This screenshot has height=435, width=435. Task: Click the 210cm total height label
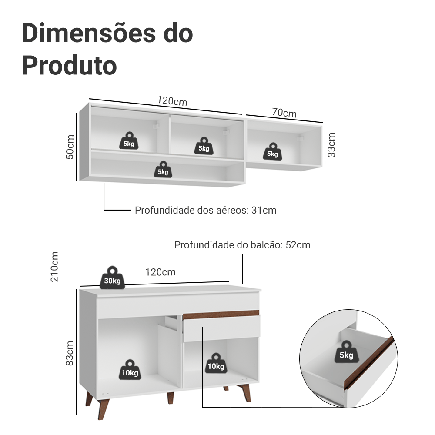click(54, 266)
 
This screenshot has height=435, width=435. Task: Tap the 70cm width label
click(284, 113)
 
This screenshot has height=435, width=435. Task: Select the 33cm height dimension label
click(331, 145)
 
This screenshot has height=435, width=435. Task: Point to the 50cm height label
click(70, 147)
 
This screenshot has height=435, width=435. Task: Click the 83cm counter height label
click(70, 353)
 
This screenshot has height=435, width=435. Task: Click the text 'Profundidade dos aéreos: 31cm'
click(205, 211)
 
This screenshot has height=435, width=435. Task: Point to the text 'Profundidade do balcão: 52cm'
click(242, 245)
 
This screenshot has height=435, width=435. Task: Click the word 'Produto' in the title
click(69, 65)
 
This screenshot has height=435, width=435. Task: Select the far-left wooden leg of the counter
click(90, 399)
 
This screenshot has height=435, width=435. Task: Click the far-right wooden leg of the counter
click(246, 393)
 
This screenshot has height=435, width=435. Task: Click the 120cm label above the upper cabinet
click(172, 101)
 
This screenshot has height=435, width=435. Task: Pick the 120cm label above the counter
click(161, 272)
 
